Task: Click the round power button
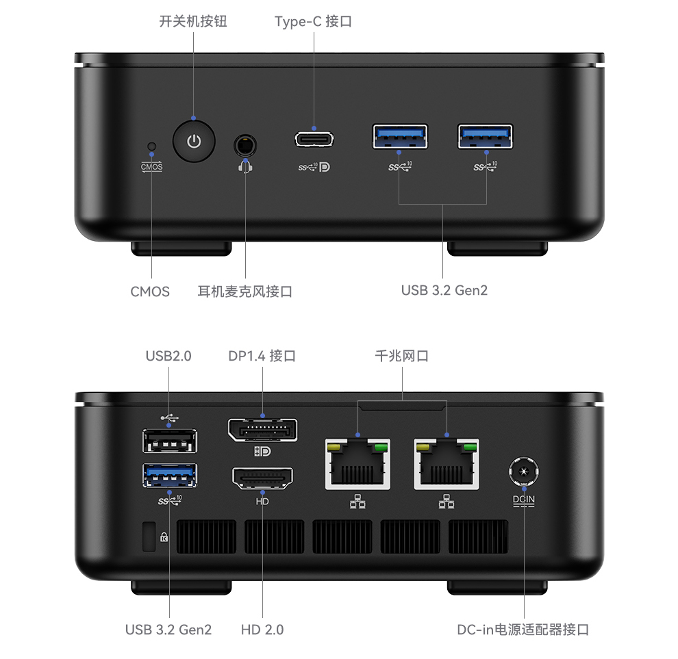(194, 141)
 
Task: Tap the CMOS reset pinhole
(151, 146)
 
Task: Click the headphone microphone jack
(245, 146)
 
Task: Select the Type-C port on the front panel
(314, 139)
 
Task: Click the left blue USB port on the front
(400, 136)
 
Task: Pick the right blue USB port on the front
(485, 136)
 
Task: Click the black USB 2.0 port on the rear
(170, 441)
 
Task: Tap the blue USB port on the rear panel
(170, 475)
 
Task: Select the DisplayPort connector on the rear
(262, 430)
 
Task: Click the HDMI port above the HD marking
(262, 478)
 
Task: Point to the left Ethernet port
(357, 464)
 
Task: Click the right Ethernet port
(447, 464)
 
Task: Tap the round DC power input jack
(524, 471)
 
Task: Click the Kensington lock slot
(149, 537)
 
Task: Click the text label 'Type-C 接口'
(313, 21)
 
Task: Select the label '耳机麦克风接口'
(244, 292)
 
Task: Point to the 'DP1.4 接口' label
(262, 356)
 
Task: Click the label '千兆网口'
(402, 356)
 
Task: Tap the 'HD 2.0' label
(262, 630)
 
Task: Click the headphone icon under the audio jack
(245, 167)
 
